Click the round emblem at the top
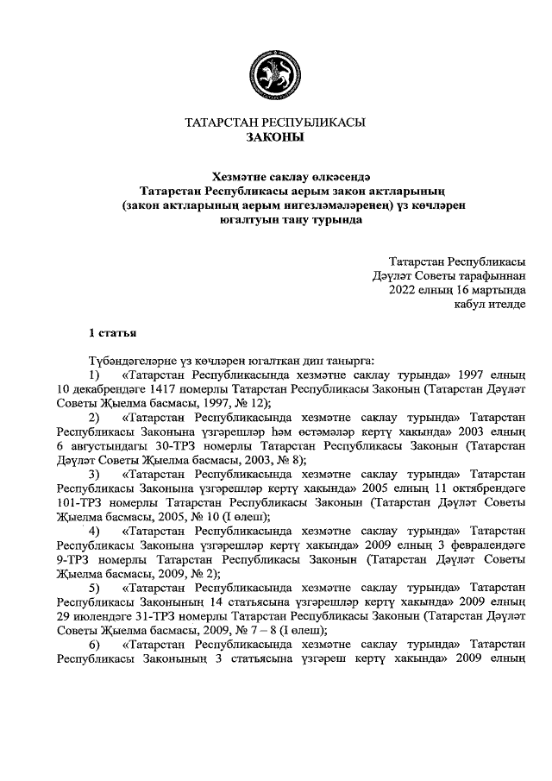point(275,77)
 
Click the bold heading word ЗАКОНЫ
point(275,137)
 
